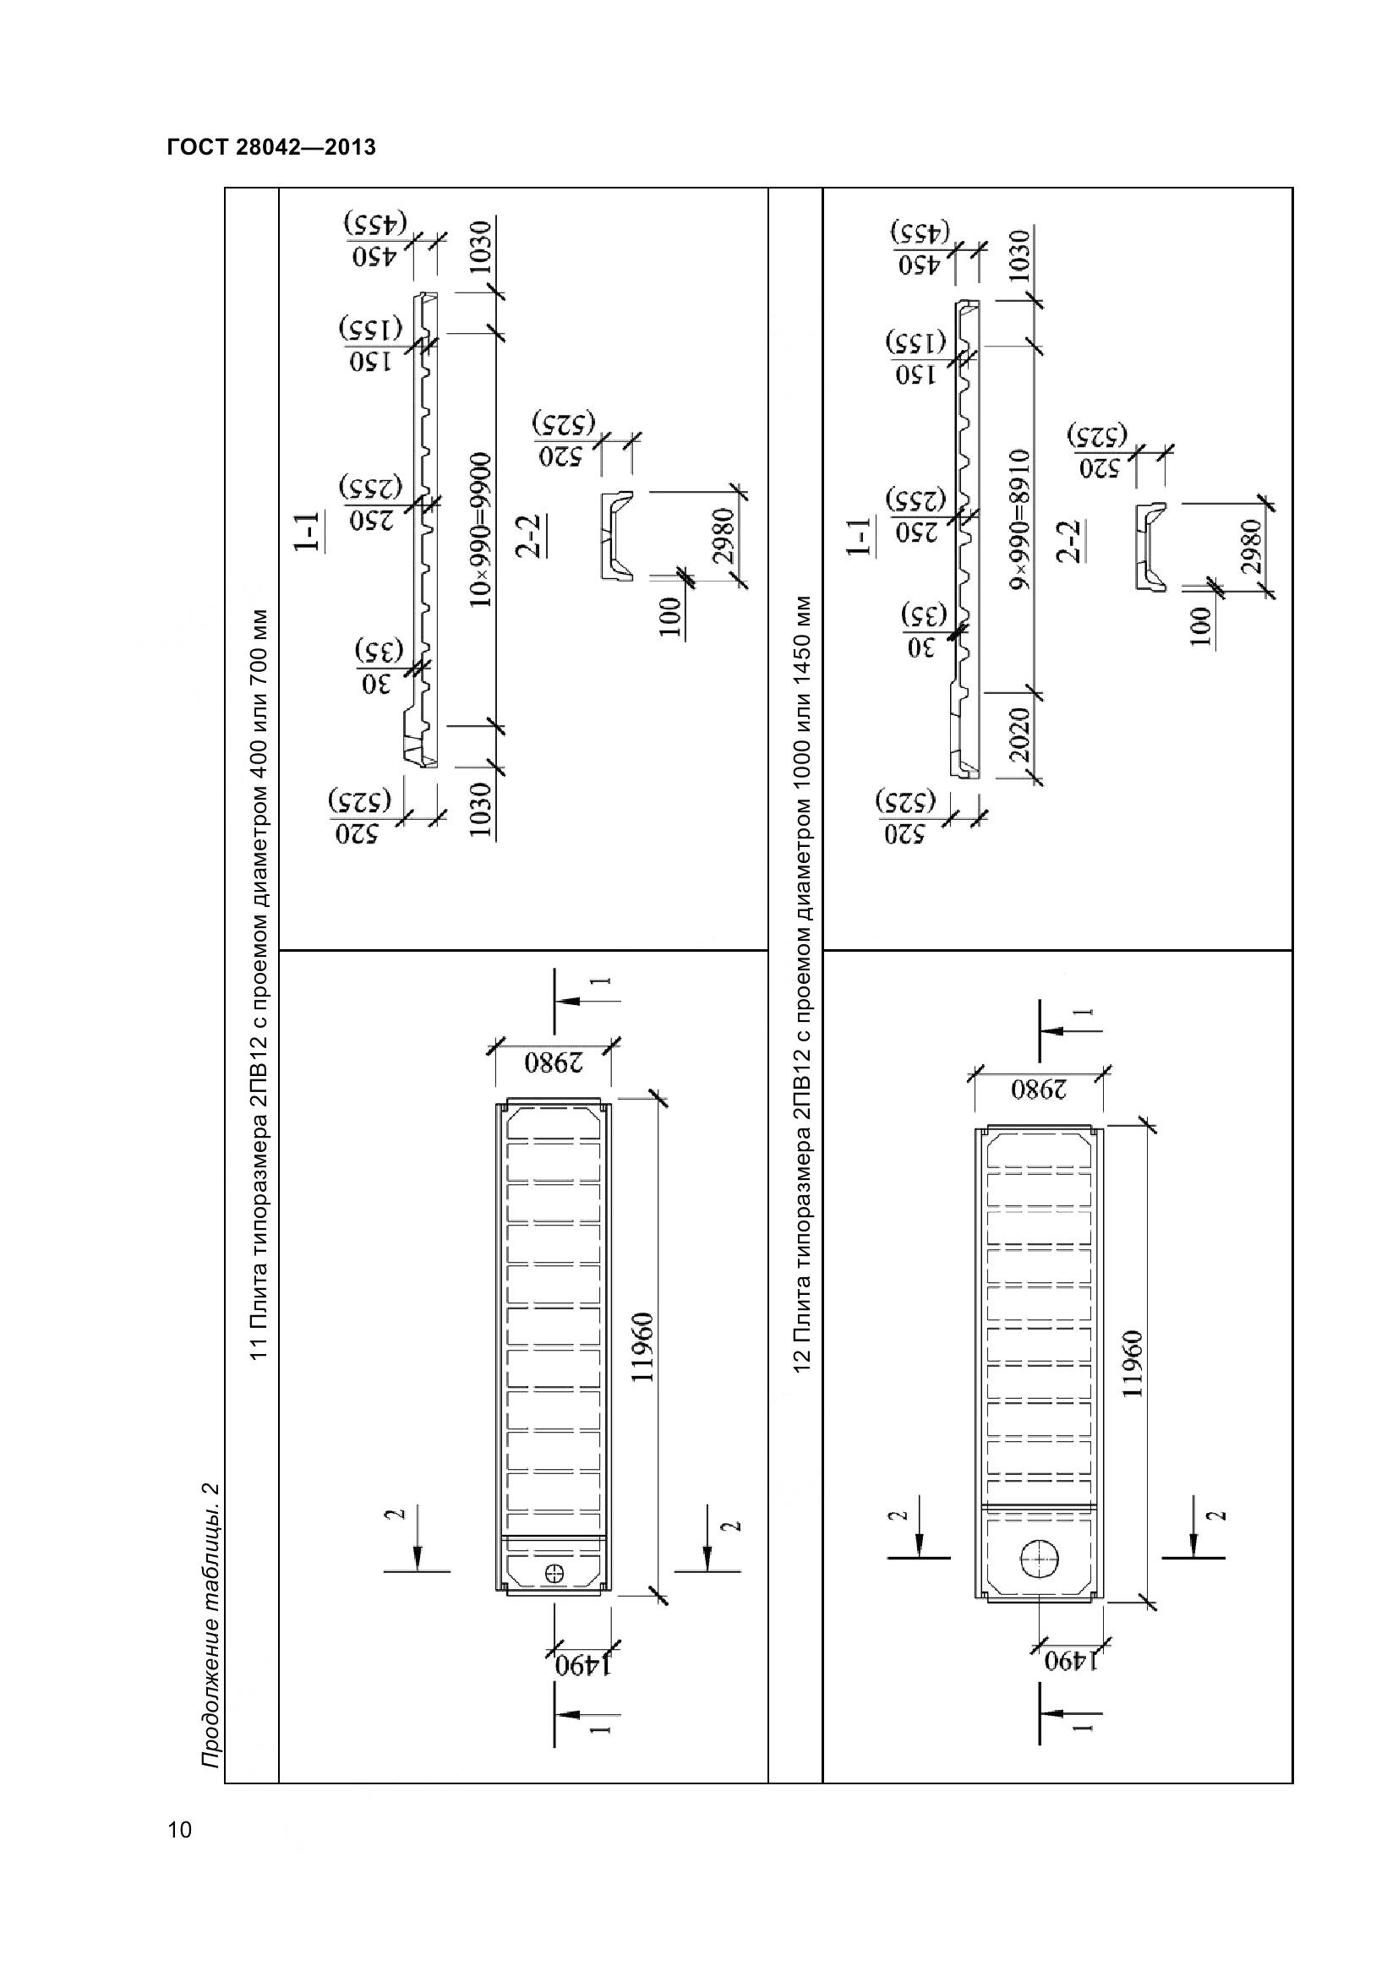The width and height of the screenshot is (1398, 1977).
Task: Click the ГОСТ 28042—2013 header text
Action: point(271,147)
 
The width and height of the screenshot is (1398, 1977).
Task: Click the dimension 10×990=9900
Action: point(483,530)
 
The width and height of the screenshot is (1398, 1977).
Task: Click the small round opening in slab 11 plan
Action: point(554,1571)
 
